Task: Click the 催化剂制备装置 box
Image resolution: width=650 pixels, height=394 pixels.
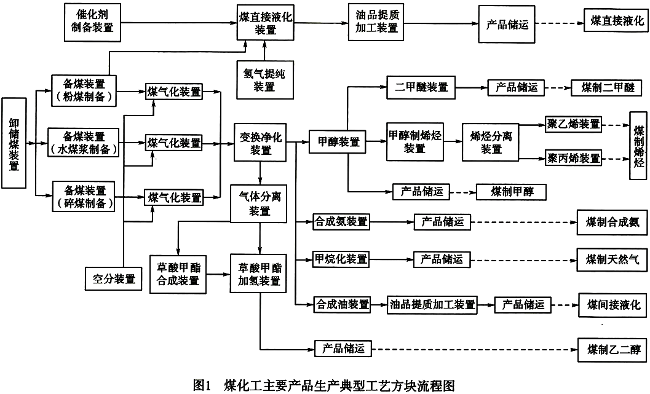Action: (92, 22)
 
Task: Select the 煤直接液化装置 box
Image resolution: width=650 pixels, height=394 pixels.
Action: (265, 23)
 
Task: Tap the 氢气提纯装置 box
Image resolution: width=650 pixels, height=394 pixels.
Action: (265, 80)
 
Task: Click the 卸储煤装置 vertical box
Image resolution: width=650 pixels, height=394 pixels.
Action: (14, 143)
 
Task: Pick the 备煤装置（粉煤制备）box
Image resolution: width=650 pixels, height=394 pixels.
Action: (84, 90)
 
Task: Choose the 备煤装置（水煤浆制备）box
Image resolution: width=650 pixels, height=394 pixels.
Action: (84, 143)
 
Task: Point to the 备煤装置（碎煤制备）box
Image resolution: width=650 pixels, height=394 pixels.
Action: (84, 196)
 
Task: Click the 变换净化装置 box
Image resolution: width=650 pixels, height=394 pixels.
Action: (260, 143)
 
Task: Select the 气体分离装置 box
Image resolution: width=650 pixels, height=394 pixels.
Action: (259, 204)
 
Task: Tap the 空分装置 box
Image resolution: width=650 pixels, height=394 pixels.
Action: (114, 279)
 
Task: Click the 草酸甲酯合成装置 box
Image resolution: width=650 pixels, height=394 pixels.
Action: (178, 274)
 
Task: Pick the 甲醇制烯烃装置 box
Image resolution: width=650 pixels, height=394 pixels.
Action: (415, 142)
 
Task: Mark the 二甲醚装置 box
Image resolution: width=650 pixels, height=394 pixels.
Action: (421, 87)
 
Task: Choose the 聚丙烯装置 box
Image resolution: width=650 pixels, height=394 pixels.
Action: (573, 159)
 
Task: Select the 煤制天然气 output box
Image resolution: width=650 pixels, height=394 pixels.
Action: (612, 260)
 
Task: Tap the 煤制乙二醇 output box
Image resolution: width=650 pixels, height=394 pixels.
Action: (612, 350)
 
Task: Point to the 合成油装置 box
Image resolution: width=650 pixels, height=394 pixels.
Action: (342, 305)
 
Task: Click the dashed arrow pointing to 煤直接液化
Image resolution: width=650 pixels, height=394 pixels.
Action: (559, 23)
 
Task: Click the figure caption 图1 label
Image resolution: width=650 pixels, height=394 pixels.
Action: (202, 385)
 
